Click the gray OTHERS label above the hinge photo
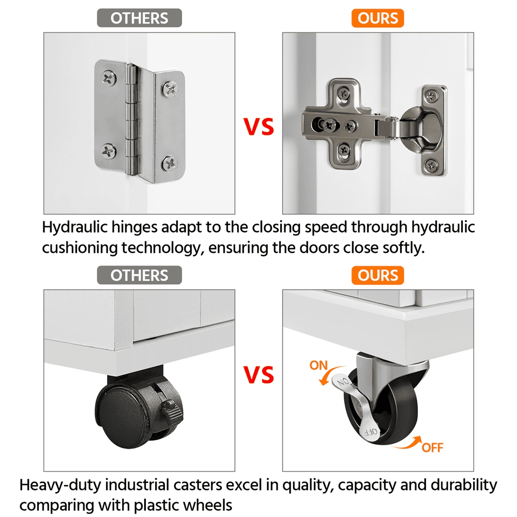pyautogui.click(x=139, y=18)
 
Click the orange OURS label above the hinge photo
pyautogui.click(x=377, y=18)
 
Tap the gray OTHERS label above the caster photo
pyautogui.click(x=139, y=276)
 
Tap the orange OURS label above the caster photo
pyautogui.click(x=377, y=276)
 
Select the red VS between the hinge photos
pyautogui.click(x=258, y=127)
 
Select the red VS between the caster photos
pyautogui.click(x=258, y=374)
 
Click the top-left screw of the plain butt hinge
pyautogui.click(x=109, y=79)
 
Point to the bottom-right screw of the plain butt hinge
pyautogui.click(x=170, y=163)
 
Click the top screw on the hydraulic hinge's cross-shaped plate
pyautogui.click(x=344, y=94)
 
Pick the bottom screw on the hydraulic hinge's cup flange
pyautogui.click(x=431, y=164)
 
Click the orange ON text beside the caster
pyautogui.click(x=318, y=366)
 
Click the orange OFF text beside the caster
pyautogui.click(x=433, y=448)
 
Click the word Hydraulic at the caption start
pyautogui.click(x=75, y=227)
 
